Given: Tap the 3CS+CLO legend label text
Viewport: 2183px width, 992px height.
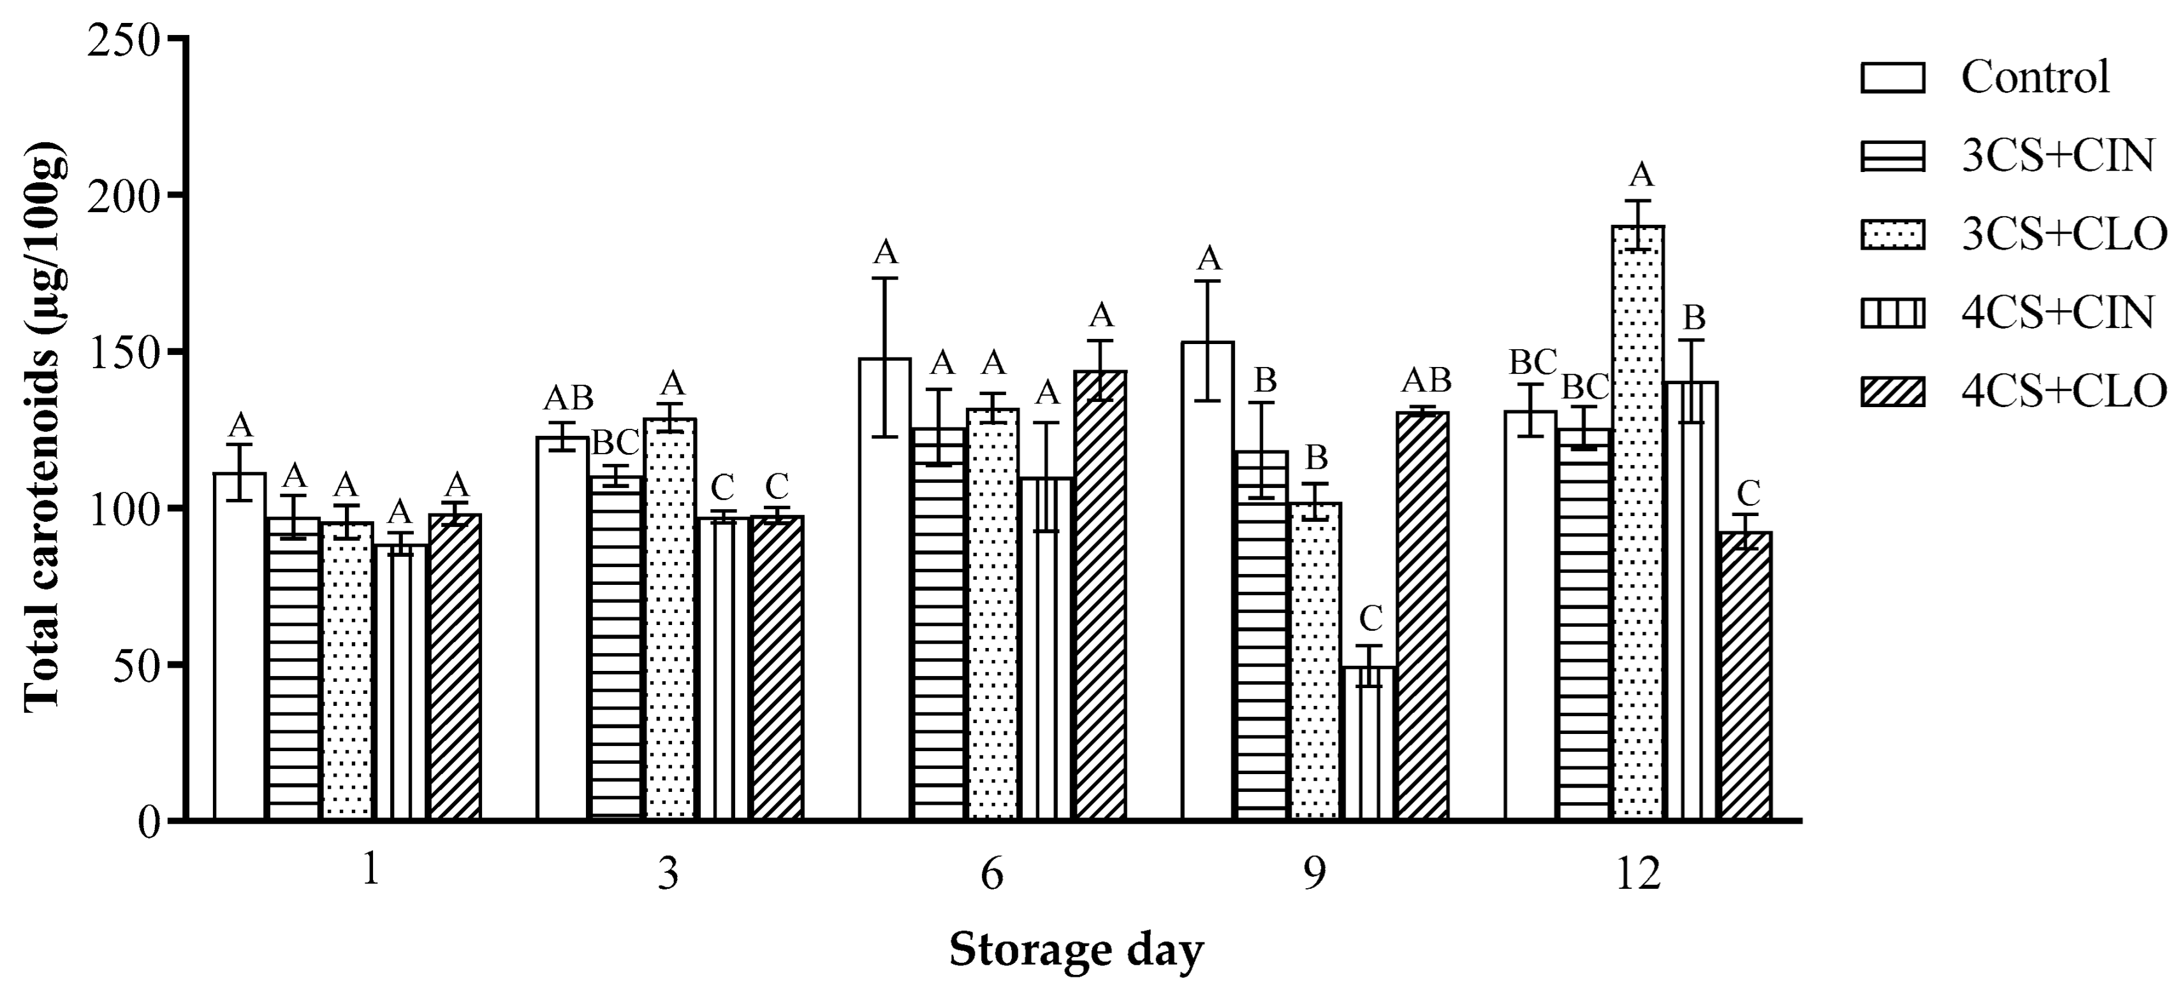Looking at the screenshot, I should (x=2064, y=234).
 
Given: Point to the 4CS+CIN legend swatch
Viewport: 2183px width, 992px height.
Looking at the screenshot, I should (x=1892, y=314).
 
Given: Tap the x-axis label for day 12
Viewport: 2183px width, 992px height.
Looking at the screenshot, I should (x=1637, y=873).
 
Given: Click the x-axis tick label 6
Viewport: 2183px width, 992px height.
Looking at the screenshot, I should (x=991, y=873).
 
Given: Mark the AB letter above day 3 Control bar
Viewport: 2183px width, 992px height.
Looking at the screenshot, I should (x=569, y=398).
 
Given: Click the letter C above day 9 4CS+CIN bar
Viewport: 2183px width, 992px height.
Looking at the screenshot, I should (x=1369, y=619).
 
